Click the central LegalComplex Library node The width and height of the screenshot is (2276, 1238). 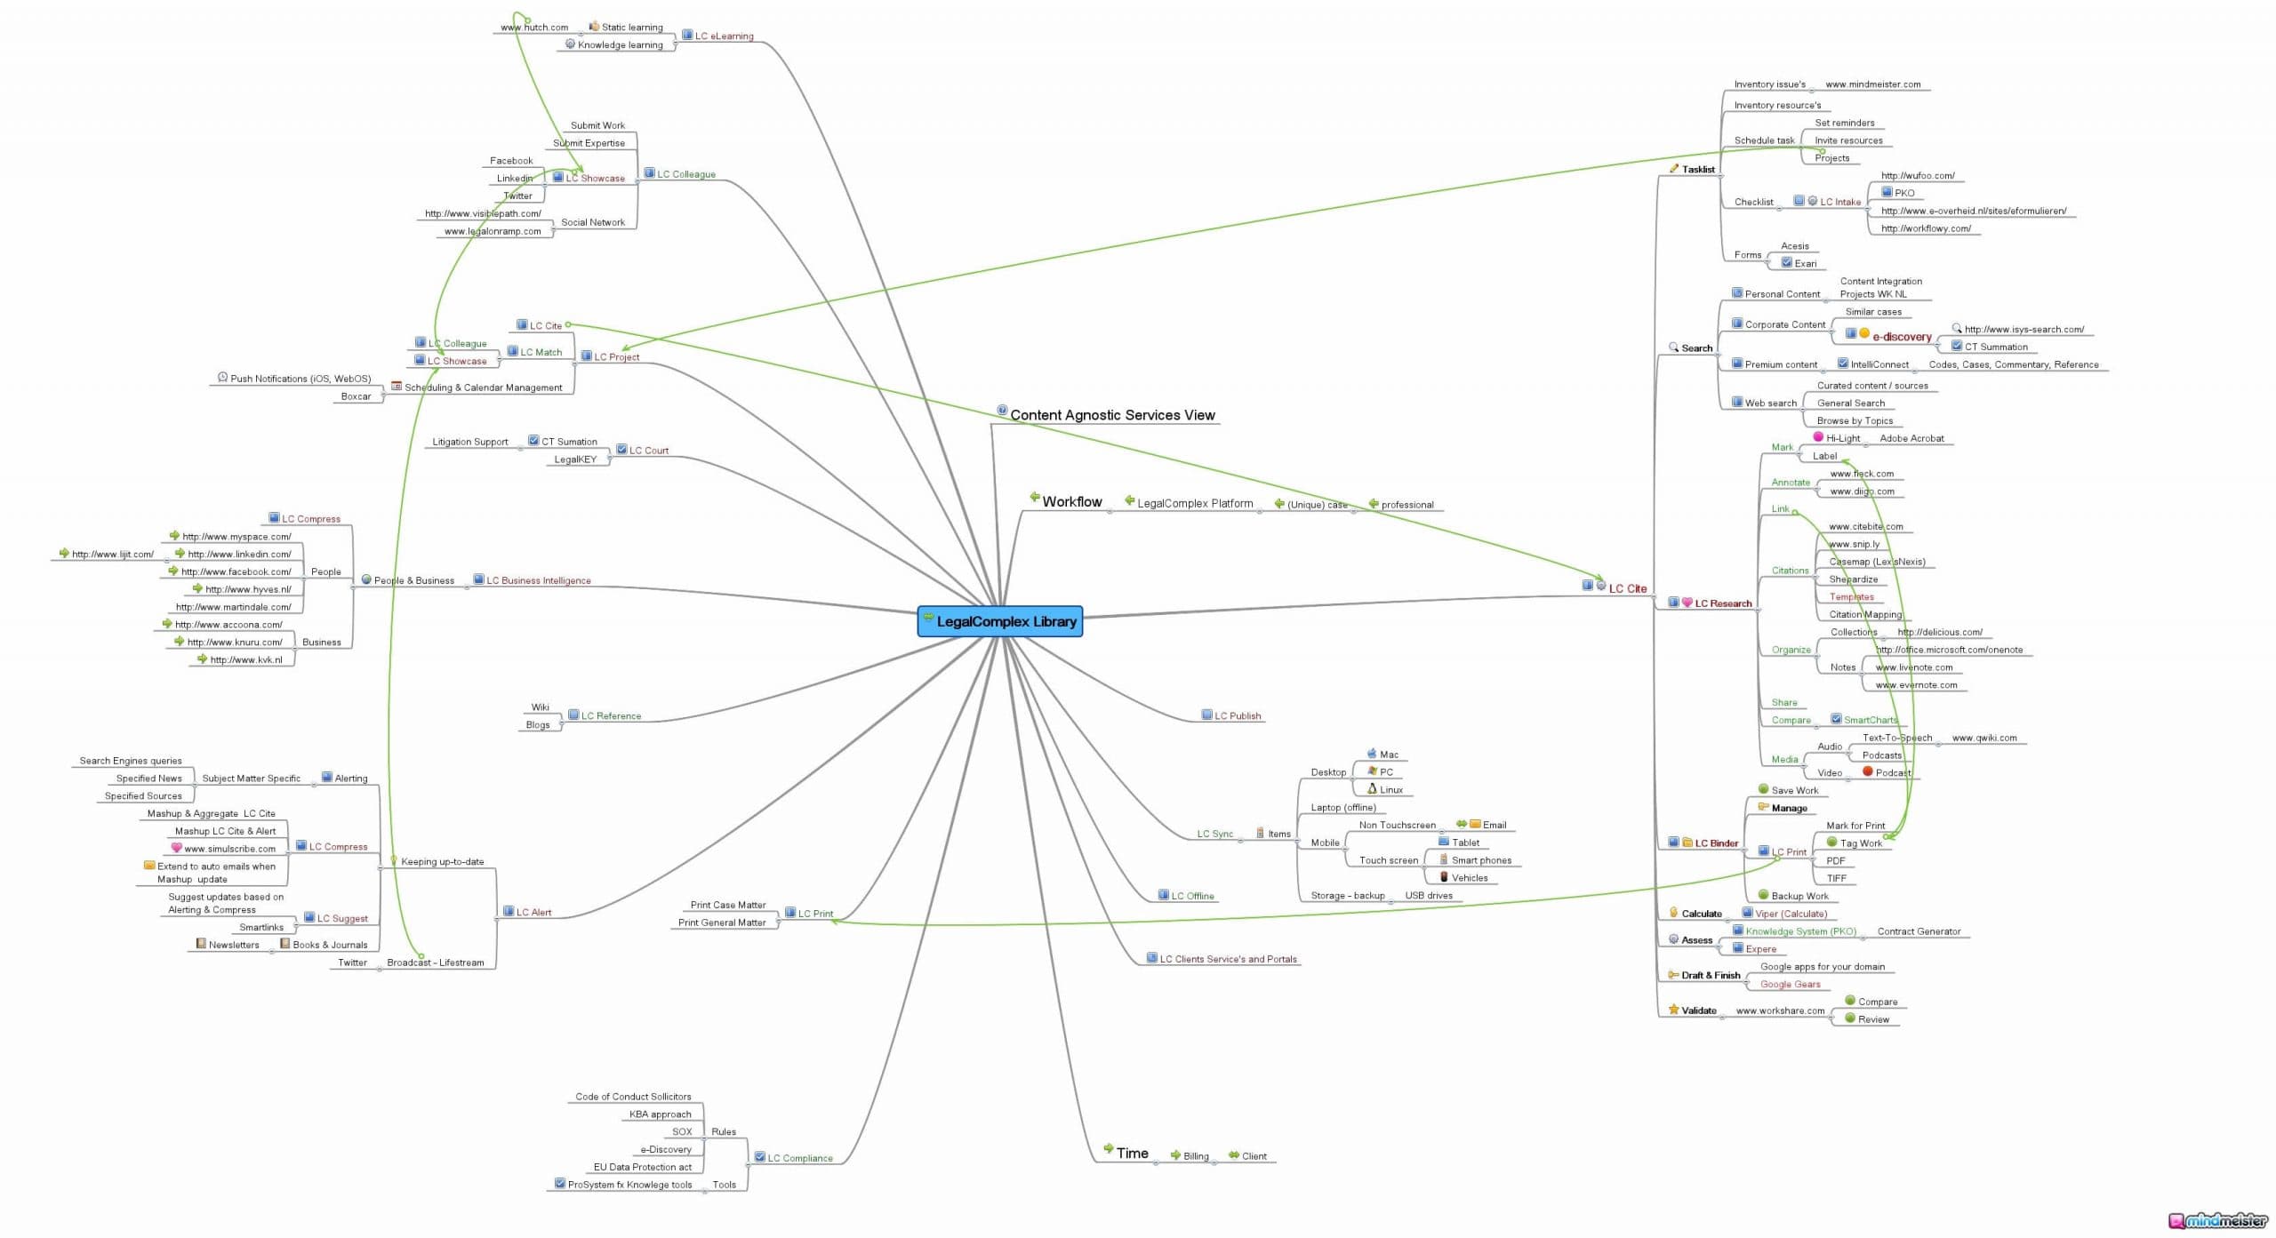1000,622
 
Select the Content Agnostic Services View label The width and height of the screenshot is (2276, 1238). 1111,415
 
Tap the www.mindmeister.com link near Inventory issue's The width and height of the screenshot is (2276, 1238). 1872,84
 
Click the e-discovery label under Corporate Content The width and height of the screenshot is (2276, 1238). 1902,337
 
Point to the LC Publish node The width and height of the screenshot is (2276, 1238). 1237,715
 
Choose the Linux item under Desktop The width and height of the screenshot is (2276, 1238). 1390,790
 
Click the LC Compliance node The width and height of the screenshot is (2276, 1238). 799,1158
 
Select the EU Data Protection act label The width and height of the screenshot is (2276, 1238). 642,1167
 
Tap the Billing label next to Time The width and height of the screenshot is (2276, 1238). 1195,1156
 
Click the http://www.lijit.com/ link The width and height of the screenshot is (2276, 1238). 112,554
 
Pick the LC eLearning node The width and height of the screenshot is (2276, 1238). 724,36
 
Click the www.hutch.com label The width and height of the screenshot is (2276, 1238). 533,28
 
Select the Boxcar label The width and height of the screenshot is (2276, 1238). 356,396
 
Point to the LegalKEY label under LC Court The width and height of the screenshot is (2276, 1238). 575,459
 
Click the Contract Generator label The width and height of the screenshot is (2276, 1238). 1918,931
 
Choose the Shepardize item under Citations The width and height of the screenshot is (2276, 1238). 1853,579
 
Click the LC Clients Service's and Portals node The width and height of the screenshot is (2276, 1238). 1227,959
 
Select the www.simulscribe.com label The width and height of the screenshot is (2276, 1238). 229,849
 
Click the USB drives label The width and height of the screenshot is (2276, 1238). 1428,896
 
